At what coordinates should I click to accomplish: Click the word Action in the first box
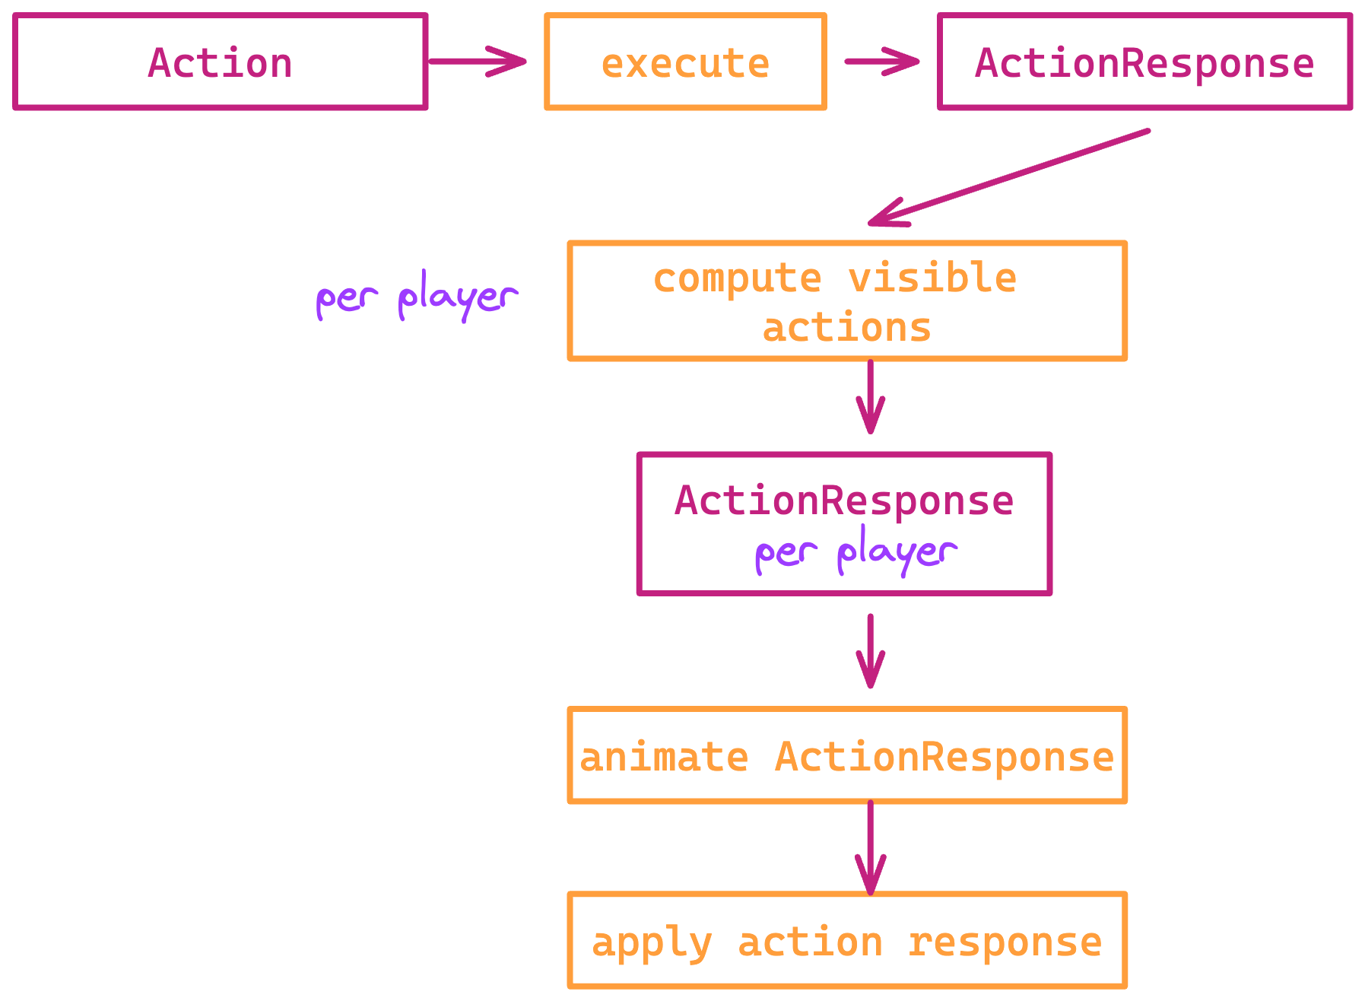(x=220, y=62)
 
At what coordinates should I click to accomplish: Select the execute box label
(x=685, y=63)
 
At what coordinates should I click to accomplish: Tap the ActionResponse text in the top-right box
(x=1144, y=63)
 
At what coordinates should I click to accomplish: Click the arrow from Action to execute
(x=477, y=61)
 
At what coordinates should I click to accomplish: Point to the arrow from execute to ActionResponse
(x=881, y=62)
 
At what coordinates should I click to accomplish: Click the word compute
(x=737, y=278)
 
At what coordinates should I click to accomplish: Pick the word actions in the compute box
(x=846, y=328)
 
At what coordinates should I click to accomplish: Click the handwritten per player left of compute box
(x=417, y=297)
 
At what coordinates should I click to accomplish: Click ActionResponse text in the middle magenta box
(x=844, y=500)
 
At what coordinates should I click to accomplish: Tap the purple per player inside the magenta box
(x=856, y=552)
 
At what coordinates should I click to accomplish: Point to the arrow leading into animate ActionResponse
(x=870, y=651)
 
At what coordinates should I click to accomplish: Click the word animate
(x=664, y=758)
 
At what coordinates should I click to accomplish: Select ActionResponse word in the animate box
(x=944, y=758)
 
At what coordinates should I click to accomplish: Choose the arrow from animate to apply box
(x=870, y=847)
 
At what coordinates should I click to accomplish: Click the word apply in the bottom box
(x=652, y=944)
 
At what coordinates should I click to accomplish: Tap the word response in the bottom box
(x=1005, y=943)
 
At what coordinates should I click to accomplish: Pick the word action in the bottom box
(x=810, y=942)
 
